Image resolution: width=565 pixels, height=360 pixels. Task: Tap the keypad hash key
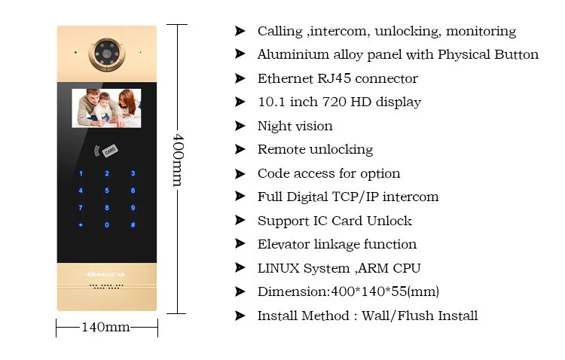[x=133, y=225]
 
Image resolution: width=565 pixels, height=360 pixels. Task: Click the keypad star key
[x=81, y=225]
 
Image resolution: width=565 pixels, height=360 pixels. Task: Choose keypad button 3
[x=133, y=174]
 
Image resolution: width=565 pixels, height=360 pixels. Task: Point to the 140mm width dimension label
[x=105, y=328]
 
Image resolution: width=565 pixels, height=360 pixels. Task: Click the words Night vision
[x=295, y=126]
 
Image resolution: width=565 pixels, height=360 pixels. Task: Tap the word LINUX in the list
[x=279, y=267]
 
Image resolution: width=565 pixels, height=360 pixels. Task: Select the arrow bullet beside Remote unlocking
[x=240, y=149]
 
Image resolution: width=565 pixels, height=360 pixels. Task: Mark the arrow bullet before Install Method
[x=240, y=316]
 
